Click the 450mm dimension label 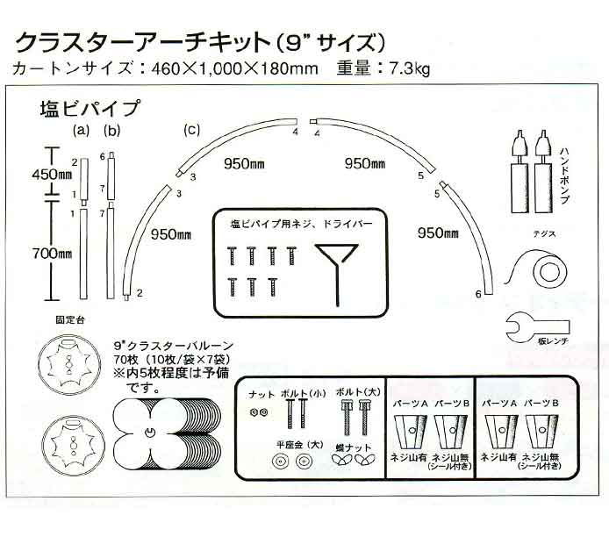click(52, 175)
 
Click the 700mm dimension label click(52, 254)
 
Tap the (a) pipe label click(82, 131)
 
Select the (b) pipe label click(112, 131)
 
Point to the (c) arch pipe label click(192, 129)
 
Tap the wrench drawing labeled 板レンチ click(538, 327)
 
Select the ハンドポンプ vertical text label click(564, 175)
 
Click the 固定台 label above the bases click(70, 320)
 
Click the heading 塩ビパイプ click(90, 108)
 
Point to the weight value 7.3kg click(410, 68)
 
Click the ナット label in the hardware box click(261, 395)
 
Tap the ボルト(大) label click(358, 392)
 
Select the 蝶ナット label click(353, 447)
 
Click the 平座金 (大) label click(300, 445)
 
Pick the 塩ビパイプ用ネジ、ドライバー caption click(301, 224)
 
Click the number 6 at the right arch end click(478, 294)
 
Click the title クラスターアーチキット click(142, 42)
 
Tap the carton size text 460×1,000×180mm click(234, 69)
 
